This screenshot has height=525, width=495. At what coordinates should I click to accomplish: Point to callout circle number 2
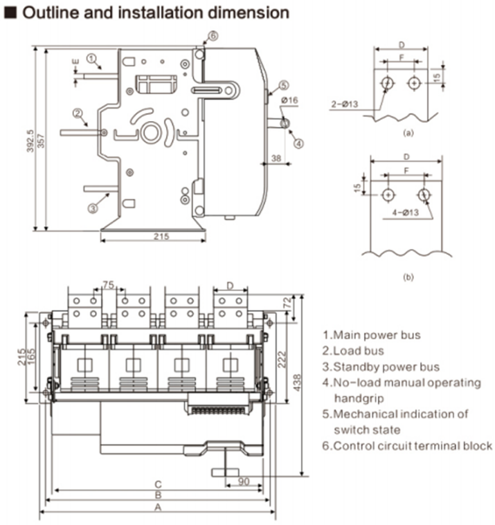tap(78, 113)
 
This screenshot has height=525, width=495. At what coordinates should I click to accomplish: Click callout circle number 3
tap(92, 207)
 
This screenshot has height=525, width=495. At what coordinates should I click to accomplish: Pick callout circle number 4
tap(298, 144)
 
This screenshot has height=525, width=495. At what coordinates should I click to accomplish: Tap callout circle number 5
tap(283, 86)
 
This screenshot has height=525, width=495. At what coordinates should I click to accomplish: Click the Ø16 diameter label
tap(289, 102)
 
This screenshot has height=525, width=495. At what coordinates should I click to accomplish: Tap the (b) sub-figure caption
tap(408, 277)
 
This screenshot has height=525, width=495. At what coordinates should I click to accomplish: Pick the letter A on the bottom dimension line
tap(158, 507)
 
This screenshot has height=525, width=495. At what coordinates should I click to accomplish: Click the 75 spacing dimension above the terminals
tap(107, 284)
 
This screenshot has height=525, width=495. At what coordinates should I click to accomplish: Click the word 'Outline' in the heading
tap(48, 12)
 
